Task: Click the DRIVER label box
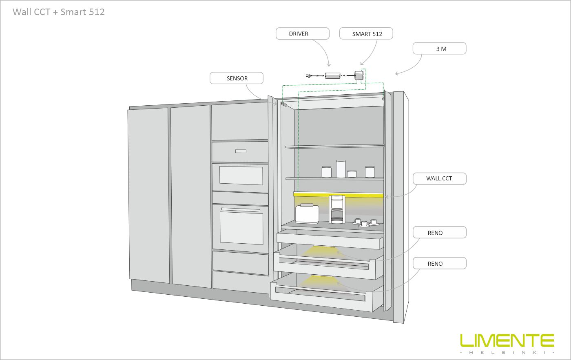302,33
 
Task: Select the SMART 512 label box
366,33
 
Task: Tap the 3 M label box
440,49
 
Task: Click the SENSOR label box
237,78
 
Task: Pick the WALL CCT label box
440,179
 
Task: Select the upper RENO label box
440,232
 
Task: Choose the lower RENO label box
440,263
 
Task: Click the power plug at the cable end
309,76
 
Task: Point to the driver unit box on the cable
332,76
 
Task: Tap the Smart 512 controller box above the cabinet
359,75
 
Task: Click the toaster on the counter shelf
307,213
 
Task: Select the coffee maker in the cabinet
337,209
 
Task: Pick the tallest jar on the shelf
341,169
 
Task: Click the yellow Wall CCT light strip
338,195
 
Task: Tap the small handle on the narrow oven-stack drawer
241,151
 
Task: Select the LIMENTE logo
507,343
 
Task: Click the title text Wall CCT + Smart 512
59,12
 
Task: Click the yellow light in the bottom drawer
319,281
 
